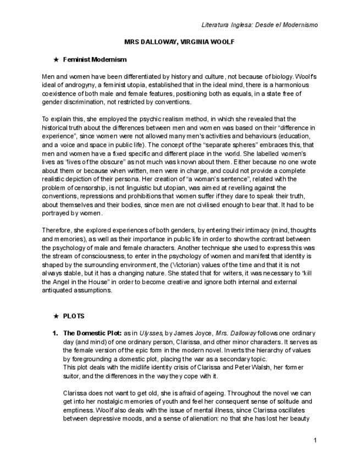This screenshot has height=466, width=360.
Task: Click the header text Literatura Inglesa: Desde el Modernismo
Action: pyautogui.click(x=259, y=25)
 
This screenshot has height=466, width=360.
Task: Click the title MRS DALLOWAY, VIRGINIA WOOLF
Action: pyautogui.click(x=180, y=43)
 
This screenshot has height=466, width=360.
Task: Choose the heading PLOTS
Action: pyautogui.click(x=74, y=317)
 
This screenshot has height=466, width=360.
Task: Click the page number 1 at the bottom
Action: pyautogui.click(x=315, y=440)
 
